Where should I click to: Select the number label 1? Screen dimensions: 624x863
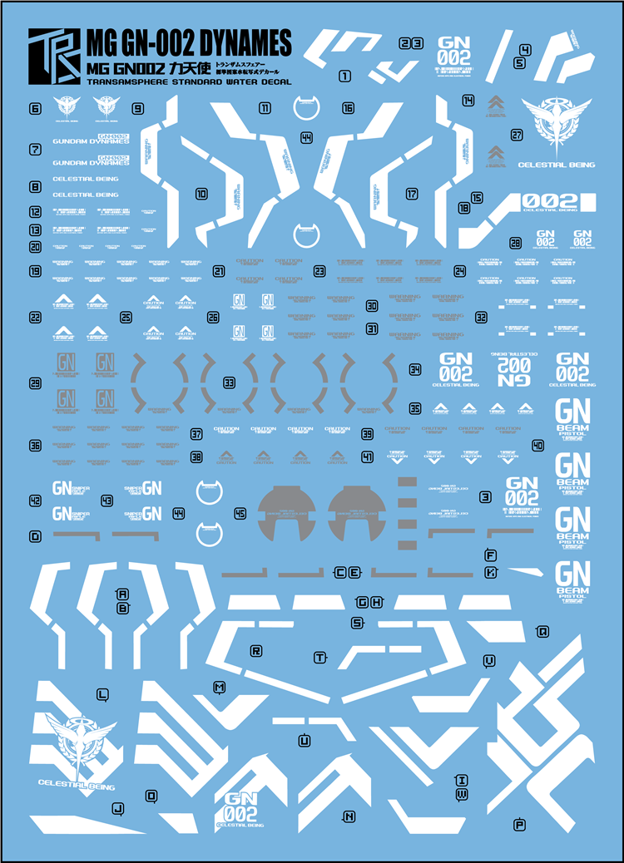click(x=344, y=76)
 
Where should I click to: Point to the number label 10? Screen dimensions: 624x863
click(x=201, y=195)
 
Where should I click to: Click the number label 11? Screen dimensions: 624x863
click(x=265, y=109)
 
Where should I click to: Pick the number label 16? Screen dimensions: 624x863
click(x=348, y=109)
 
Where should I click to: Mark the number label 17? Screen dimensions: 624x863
click(x=412, y=194)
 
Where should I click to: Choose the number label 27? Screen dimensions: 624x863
click(x=517, y=135)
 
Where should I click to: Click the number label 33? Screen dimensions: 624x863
click(x=228, y=382)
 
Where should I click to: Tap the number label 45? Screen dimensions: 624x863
click(x=240, y=514)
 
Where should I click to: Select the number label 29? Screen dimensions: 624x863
click(x=35, y=383)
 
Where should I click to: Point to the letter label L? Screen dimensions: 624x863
click(x=102, y=693)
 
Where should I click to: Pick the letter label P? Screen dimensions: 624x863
click(x=520, y=825)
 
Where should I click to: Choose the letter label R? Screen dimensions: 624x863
click(x=256, y=650)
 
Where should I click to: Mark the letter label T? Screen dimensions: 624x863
click(x=319, y=658)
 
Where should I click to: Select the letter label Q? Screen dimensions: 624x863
click(x=542, y=631)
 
